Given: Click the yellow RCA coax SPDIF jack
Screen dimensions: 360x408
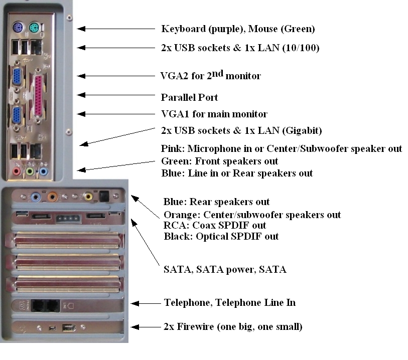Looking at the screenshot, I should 89,196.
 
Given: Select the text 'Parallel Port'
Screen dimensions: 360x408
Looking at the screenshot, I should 189,97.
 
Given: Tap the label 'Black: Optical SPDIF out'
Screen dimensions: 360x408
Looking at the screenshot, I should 221,236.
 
